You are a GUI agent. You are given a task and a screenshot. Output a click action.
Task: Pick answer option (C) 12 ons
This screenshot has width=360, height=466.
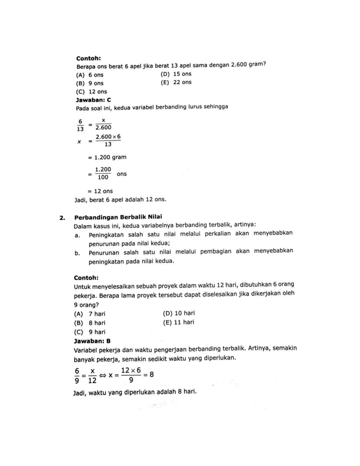(91, 91)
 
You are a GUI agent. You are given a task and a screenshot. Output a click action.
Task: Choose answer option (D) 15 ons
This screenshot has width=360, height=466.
(176, 74)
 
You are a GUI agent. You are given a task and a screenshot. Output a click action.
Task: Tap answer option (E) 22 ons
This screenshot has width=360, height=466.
(176, 82)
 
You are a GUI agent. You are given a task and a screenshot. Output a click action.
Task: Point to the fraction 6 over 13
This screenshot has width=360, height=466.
(80, 124)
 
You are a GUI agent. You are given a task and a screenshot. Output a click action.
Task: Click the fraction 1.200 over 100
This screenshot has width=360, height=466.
(103, 173)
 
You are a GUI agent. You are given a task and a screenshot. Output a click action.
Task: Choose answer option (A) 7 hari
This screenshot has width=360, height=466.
(90, 314)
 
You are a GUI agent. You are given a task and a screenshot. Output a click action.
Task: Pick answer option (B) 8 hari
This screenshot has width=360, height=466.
(90, 323)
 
